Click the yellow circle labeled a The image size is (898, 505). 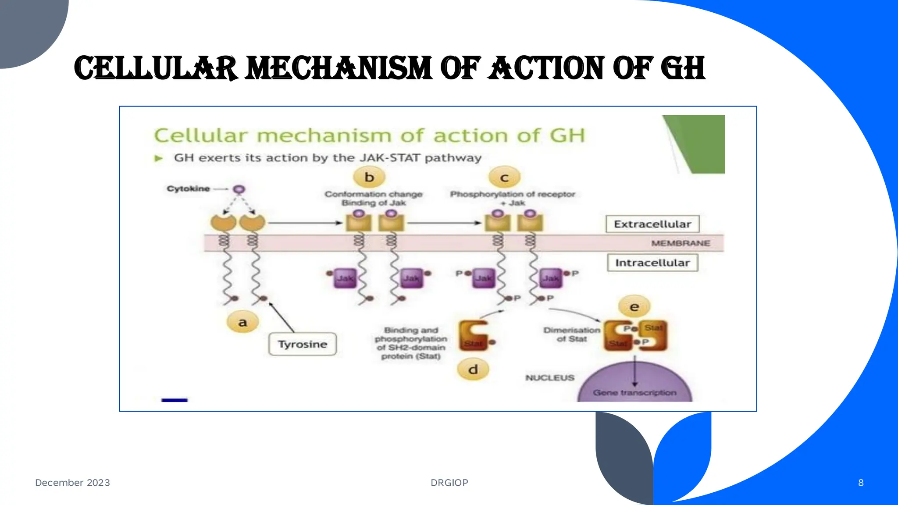[242, 322]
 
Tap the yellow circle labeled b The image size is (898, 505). [369, 177]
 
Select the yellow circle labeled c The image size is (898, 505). [504, 178]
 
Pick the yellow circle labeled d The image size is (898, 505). [473, 370]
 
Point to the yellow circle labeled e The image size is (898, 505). [634, 307]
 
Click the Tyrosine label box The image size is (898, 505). [303, 344]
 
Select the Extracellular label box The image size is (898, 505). [652, 224]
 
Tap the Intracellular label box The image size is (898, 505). [652, 263]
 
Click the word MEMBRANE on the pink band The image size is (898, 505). [680, 243]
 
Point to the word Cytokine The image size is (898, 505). [188, 188]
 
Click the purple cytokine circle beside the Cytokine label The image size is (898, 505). [239, 189]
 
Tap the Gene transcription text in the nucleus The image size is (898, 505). [634, 392]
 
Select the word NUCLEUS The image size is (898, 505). [549, 377]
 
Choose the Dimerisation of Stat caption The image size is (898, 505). [571, 334]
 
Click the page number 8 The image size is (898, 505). [861, 483]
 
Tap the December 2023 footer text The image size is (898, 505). [72, 483]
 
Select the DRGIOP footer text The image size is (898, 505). [449, 483]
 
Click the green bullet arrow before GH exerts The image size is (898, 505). [159, 158]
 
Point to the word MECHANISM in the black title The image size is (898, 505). [339, 68]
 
